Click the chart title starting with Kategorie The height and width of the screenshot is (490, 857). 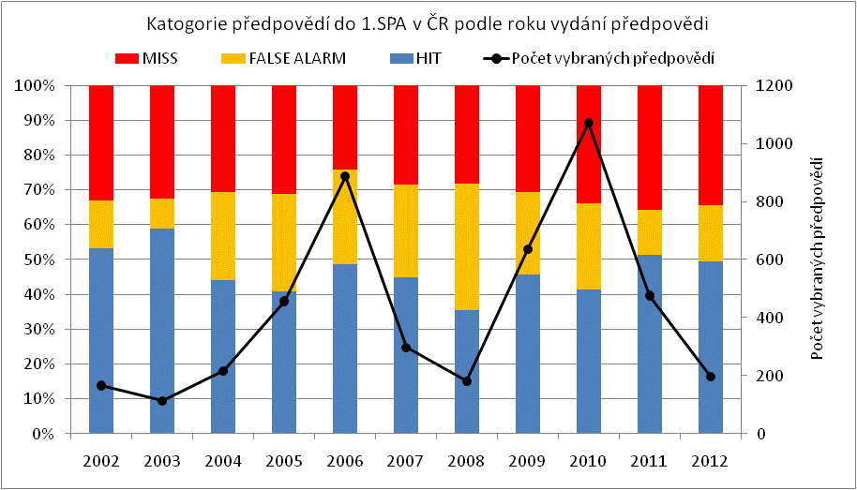428,22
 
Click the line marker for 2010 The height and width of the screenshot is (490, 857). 589,123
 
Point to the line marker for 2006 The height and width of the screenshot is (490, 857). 345,176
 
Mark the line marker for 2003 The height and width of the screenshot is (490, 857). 162,401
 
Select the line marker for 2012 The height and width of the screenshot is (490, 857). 711,377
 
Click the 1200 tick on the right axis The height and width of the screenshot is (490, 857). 774,85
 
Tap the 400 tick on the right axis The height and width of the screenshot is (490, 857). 771,318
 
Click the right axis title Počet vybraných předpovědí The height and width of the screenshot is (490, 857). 821,260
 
